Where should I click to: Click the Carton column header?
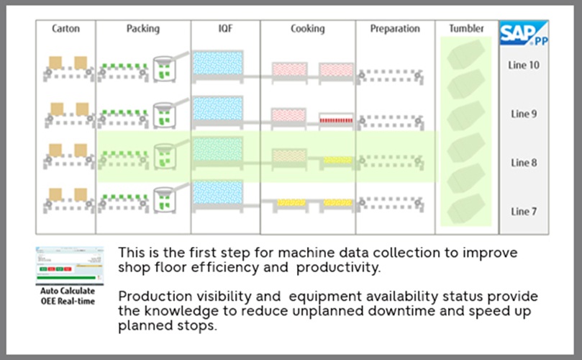65,29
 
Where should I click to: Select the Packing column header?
142,29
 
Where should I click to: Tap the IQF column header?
224,29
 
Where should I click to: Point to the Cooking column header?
307,29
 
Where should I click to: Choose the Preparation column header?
394,29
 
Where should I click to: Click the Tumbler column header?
465,29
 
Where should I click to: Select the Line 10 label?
524,65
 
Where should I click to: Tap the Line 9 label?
524,114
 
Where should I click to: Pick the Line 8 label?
524,163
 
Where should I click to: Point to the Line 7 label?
524,212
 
